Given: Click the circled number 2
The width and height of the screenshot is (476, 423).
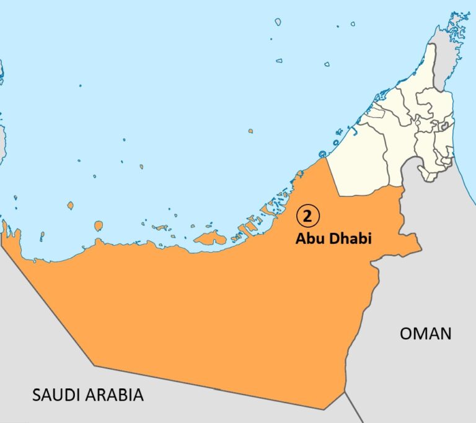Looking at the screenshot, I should pyautogui.click(x=307, y=216).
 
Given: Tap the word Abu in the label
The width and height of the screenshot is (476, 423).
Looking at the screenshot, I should pyautogui.click(x=308, y=238).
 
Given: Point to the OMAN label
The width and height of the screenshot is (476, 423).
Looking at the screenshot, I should pyautogui.click(x=425, y=333).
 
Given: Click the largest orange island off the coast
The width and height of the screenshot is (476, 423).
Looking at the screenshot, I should pyautogui.click(x=209, y=238).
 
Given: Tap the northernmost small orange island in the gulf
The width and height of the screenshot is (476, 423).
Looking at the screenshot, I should pyautogui.click(x=250, y=131).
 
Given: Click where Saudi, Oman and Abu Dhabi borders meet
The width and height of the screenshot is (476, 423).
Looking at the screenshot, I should pyautogui.click(x=344, y=391).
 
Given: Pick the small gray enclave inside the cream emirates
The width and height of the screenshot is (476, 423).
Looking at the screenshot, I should pyautogui.click(x=443, y=126).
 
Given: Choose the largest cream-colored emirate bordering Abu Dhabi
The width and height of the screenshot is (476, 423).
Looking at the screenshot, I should pyautogui.click(x=359, y=161).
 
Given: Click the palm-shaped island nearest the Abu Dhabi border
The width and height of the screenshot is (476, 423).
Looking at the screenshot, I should pyautogui.click(x=322, y=154).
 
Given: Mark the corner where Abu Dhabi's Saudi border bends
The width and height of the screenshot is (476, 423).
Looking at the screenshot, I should pyautogui.click(x=94, y=365).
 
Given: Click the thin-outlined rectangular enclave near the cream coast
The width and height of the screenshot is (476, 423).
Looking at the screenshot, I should pyautogui.click(x=374, y=113).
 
